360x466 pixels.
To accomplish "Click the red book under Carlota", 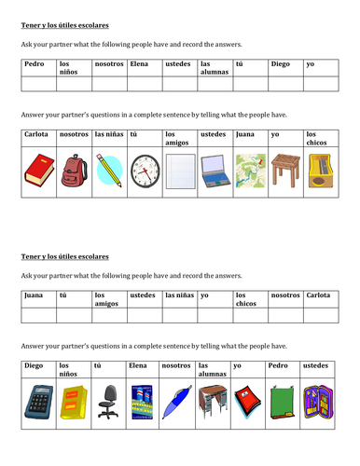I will click(37, 169).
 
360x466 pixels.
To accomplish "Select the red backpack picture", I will click(74, 170).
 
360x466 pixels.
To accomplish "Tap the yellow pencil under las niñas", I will click(108, 170).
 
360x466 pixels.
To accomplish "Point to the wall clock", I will click(145, 171).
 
